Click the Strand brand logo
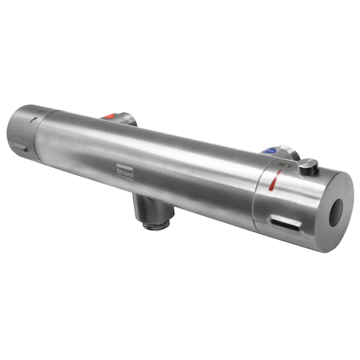click(124, 170)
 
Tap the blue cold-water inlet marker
click(270, 151)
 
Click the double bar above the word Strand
click(124, 165)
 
